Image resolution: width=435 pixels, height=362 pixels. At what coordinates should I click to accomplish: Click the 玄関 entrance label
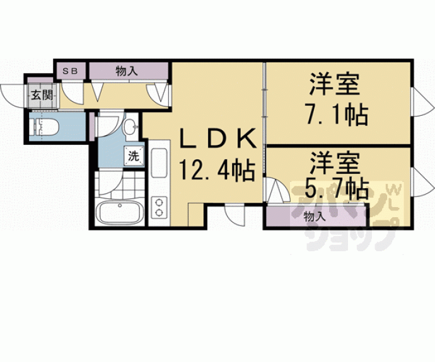(42, 96)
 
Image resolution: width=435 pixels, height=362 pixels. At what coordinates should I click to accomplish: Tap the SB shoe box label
(70, 71)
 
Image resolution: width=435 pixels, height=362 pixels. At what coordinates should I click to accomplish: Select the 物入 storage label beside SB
(127, 71)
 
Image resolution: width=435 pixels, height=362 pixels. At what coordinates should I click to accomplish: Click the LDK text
(217, 139)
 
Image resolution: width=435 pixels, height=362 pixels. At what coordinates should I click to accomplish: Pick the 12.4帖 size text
(217, 170)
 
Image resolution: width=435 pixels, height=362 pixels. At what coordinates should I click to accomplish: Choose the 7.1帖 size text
(337, 114)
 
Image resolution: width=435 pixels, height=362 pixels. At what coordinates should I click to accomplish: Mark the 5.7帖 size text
(337, 189)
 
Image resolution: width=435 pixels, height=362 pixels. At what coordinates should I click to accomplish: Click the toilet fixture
(46, 127)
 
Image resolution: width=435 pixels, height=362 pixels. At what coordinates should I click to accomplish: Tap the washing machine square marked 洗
(134, 156)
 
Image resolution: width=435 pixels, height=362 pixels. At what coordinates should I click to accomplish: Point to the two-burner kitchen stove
(159, 207)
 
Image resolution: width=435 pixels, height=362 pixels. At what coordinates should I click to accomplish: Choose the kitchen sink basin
(159, 164)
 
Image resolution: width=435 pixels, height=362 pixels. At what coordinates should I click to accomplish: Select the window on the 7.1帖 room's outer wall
(422, 101)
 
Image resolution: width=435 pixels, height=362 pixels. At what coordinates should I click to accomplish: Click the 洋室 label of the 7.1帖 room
(335, 84)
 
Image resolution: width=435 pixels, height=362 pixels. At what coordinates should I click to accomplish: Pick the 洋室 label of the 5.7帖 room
(335, 164)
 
